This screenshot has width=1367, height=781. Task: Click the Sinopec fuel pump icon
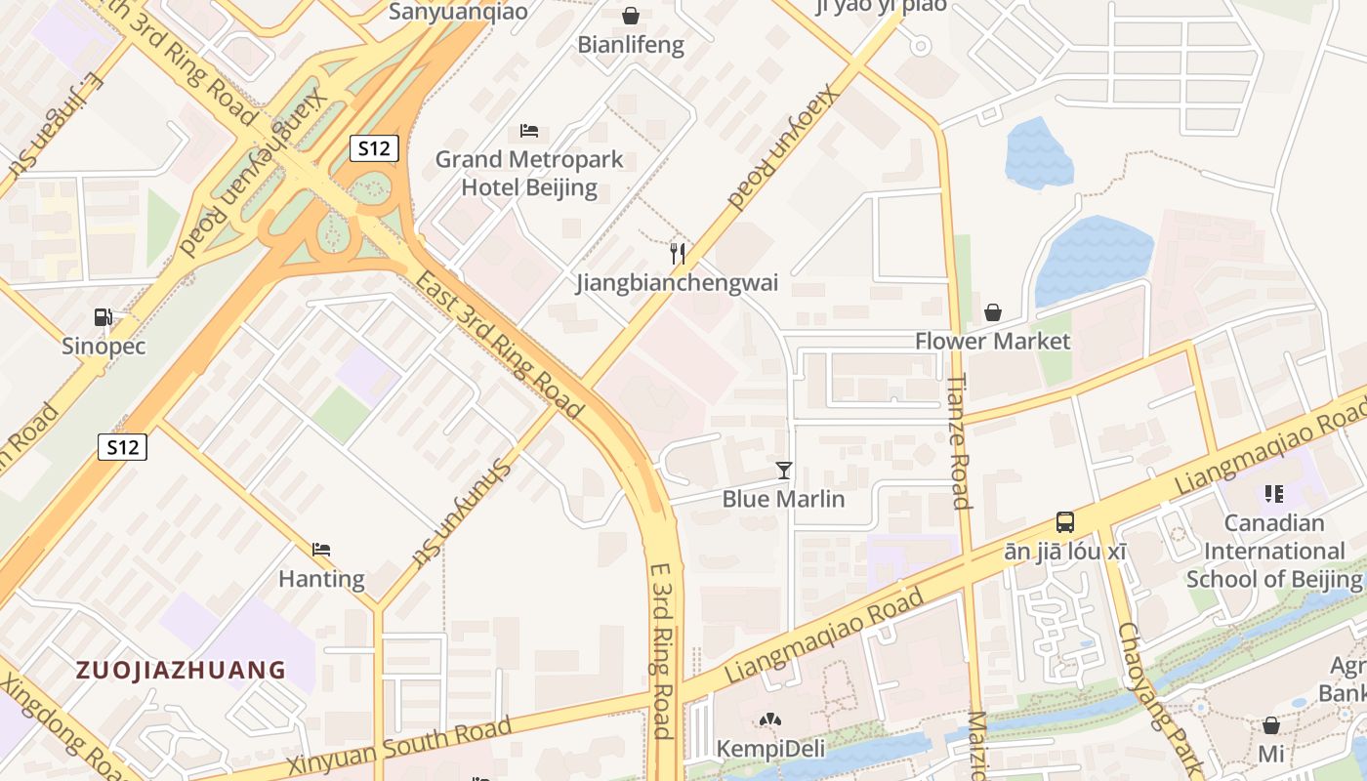click(103, 317)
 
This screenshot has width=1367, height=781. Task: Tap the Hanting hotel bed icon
click(321, 550)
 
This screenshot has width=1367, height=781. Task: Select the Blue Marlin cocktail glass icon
click(783, 471)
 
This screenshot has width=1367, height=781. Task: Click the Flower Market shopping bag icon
click(992, 312)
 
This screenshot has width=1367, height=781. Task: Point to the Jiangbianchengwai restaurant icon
click(677, 254)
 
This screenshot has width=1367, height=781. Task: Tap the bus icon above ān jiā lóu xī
click(1065, 522)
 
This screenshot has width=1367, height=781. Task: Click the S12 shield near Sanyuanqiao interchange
click(374, 148)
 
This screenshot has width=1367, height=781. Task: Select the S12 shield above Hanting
click(123, 447)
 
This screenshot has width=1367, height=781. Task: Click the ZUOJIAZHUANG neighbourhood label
click(181, 670)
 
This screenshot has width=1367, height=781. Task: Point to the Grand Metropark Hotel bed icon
click(529, 130)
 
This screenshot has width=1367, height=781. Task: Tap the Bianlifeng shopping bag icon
click(631, 16)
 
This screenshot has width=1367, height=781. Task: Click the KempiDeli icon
click(770, 720)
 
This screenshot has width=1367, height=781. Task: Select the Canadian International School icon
click(1273, 494)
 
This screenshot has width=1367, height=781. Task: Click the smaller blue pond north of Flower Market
click(1038, 154)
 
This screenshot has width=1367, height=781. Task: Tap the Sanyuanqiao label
click(458, 12)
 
